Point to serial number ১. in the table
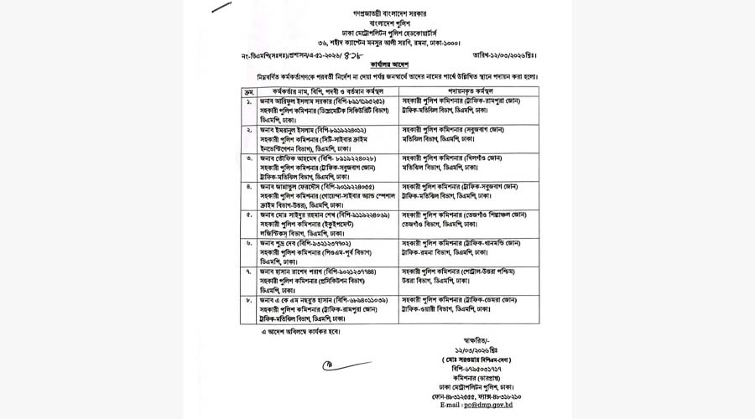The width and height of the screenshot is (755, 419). pyautogui.click(x=249, y=101)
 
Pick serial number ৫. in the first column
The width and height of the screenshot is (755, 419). pyautogui.click(x=249, y=215)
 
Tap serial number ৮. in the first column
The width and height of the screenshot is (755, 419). pyautogui.click(x=249, y=300)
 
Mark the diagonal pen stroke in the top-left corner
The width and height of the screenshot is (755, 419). pyautogui.click(x=221, y=8)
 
